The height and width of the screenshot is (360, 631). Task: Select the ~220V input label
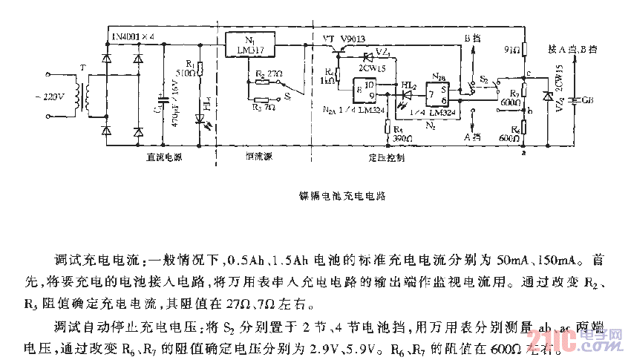coord(50,97)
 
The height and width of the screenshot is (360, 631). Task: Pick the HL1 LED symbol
coord(198,117)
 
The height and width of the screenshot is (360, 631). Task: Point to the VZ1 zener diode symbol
coord(366,56)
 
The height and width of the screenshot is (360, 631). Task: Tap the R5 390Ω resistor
coord(388,127)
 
